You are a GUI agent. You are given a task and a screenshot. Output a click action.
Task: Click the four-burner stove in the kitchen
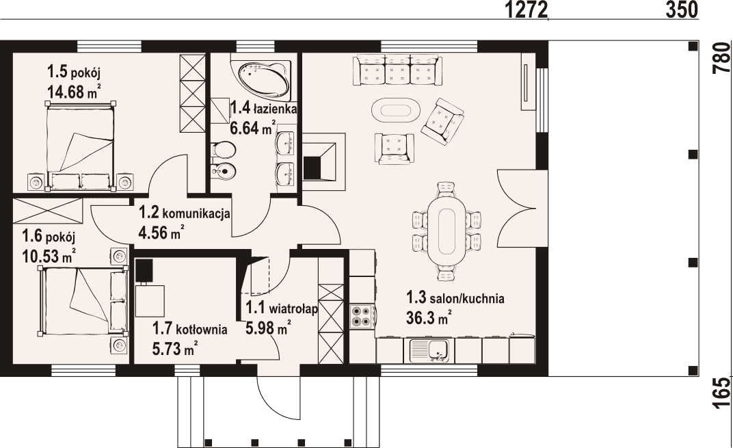[360, 316]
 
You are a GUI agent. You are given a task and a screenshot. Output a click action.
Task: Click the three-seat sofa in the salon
[397, 70]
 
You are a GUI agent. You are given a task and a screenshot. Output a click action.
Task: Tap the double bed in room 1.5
[81, 146]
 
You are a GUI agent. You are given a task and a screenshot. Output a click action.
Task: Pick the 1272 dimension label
[526, 10]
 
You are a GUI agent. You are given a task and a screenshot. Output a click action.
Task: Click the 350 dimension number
[682, 10]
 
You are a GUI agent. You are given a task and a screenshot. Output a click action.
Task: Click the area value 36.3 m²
[429, 318]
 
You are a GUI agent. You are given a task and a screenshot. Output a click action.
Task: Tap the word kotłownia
[202, 330]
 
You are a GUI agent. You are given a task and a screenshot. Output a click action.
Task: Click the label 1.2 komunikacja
[184, 213]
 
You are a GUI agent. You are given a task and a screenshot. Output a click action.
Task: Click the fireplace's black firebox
[313, 168]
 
